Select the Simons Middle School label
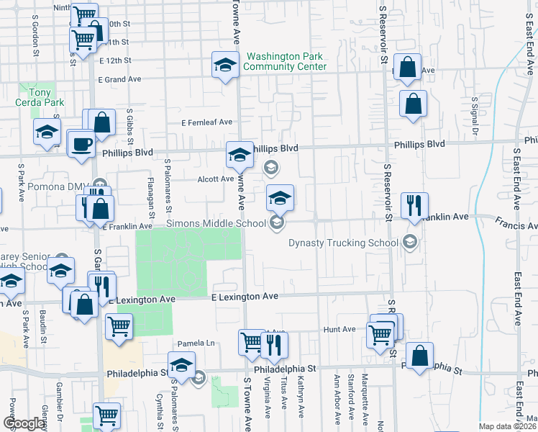coord(216,223)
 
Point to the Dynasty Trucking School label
coord(343,243)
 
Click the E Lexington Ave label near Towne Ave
coord(244,296)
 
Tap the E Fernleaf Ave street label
coord(207,122)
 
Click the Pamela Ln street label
coord(201,343)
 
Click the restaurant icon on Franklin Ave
coord(414,204)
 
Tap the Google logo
coord(24,423)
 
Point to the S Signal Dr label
coord(474,115)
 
